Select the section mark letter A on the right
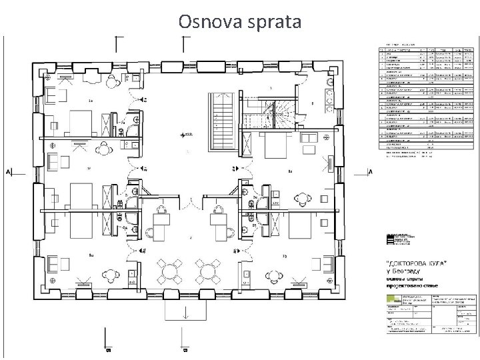[x=369, y=171]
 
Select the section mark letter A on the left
[x=7, y=172]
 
